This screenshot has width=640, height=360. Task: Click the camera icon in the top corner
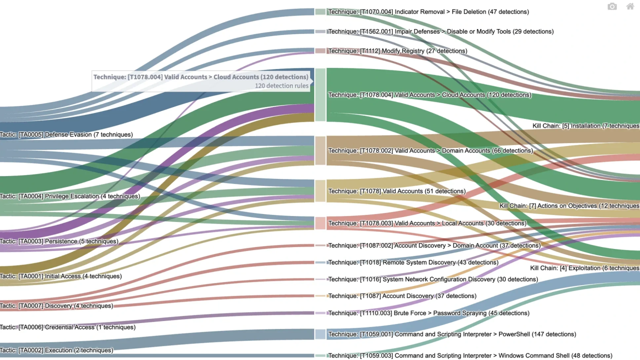tap(612, 6)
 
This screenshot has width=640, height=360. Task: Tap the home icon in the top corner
tap(630, 6)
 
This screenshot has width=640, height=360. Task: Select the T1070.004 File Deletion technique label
tap(428, 11)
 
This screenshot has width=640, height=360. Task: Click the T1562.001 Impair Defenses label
tap(441, 31)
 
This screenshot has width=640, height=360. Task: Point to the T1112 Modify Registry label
tap(398, 51)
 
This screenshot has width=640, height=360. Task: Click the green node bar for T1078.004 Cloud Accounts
tap(320, 94)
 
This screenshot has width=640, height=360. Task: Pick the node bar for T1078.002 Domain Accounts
tap(320, 150)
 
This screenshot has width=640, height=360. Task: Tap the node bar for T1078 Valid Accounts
tap(320, 191)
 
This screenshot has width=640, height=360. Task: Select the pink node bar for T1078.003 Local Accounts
tap(320, 223)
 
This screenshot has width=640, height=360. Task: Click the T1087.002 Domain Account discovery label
tap(434, 245)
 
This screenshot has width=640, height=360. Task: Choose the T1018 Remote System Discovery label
tap(413, 262)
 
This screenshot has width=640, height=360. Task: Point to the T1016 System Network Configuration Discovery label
tap(433, 279)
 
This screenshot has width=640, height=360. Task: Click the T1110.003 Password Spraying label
tap(429, 313)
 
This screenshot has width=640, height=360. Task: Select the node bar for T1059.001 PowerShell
tap(320, 334)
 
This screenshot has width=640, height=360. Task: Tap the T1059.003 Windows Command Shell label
tap(470, 355)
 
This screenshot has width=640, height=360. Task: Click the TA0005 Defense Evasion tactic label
tap(67, 134)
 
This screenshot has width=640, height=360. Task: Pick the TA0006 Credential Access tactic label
tap(68, 327)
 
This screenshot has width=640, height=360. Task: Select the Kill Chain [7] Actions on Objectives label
tap(569, 206)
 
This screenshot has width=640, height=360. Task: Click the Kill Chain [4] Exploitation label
tap(584, 268)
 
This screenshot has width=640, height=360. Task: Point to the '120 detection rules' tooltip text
tap(282, 85)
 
